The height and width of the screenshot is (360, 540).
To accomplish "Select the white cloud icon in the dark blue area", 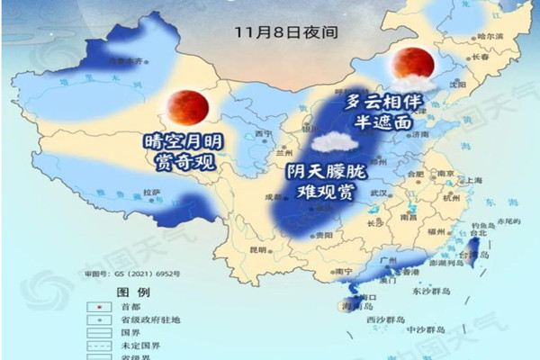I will pos(334,140).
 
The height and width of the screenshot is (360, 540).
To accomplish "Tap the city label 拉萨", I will pos(151,192).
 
